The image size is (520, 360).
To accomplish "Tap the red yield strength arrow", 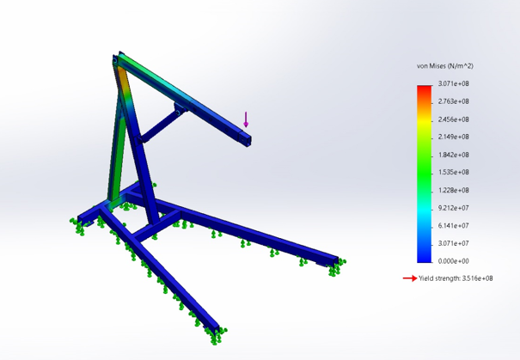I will tap(411, 278).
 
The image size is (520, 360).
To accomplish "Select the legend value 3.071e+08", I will tap(453, 84).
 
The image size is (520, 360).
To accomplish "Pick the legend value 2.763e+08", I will tap(453, 101).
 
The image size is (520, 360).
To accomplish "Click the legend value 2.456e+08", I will tap(453, 119).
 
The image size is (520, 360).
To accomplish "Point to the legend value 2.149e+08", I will tap(453, 137).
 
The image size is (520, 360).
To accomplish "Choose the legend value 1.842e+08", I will tap(453, 155).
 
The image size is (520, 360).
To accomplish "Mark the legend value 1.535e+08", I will tap(453, 173).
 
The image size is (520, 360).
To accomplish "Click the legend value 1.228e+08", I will tap(453, 190).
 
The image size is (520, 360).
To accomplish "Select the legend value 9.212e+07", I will tap(453, 208).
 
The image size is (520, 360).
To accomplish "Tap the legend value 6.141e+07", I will tap(453, 225).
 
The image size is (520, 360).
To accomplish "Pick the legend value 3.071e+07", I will tap(453, 243).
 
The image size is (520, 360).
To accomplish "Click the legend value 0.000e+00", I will tap(453, 260).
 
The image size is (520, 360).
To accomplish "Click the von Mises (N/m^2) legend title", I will tap(444, 65).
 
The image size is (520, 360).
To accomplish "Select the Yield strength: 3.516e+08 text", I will tap(456, 278).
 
